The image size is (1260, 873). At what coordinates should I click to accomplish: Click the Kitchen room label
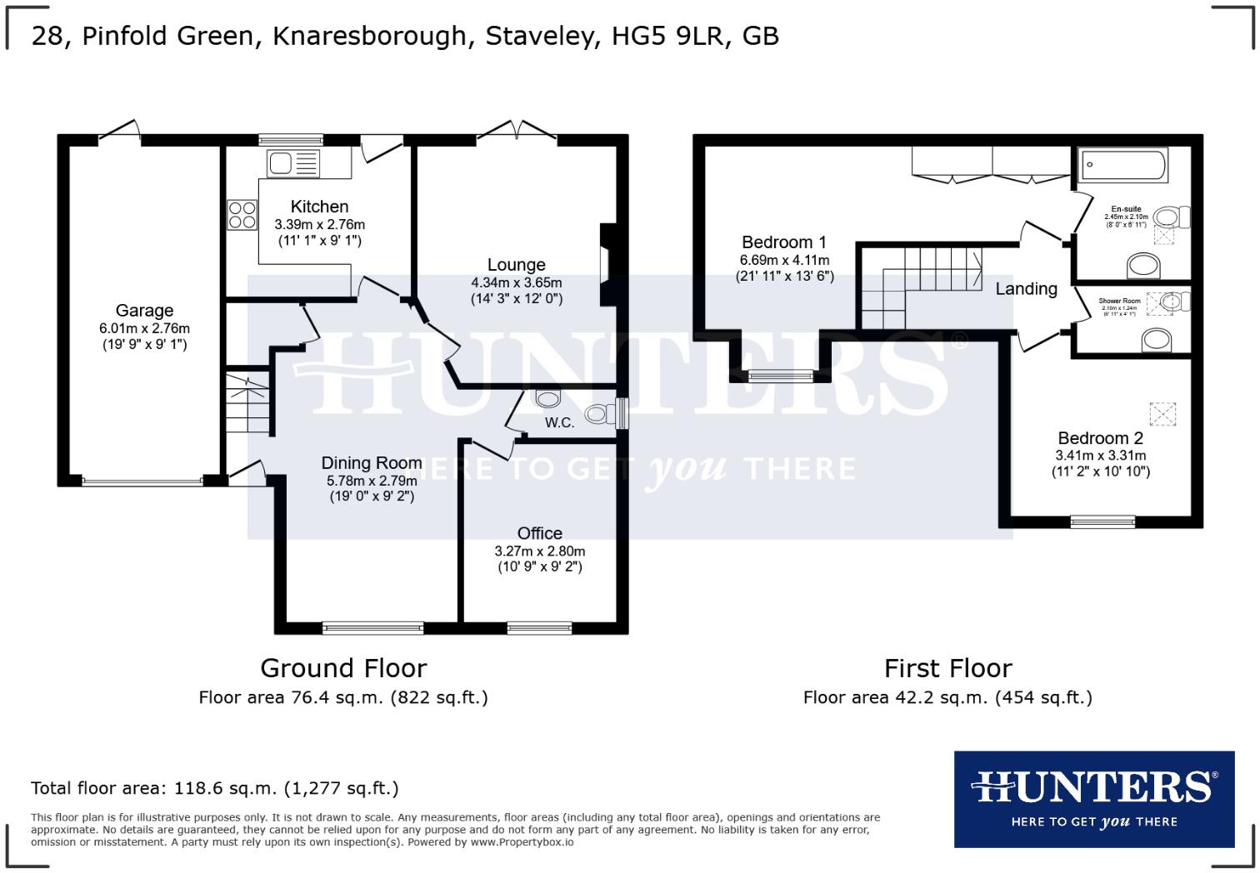point(319,207)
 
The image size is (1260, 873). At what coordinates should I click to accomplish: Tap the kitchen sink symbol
point(292,163)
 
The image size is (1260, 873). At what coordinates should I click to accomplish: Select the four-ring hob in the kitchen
point(242,215)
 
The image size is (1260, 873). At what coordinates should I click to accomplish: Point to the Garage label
point(144,311)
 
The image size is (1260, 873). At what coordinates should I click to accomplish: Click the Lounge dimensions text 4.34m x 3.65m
point(516,283)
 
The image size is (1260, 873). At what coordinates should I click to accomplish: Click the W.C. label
point(559,422)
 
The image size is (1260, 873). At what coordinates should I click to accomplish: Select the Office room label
point(539,533)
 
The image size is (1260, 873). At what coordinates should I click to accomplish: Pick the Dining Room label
point(372,463)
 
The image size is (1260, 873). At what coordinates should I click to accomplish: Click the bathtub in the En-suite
point(1123,166)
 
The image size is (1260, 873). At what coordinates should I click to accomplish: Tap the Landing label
point(1026,289)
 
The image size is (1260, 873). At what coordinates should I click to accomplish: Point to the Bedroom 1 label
point(783,242)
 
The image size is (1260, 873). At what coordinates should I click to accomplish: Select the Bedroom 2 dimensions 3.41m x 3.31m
point(1100,456)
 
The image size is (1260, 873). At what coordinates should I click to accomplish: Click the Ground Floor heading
point(343,668)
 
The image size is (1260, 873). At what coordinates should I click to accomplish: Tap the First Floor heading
point(947,668)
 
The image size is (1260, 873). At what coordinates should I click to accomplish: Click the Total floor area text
point(215,788)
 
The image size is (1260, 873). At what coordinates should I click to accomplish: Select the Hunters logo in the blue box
point(1093,798)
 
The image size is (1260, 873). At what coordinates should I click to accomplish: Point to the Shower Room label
point(1118,301)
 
